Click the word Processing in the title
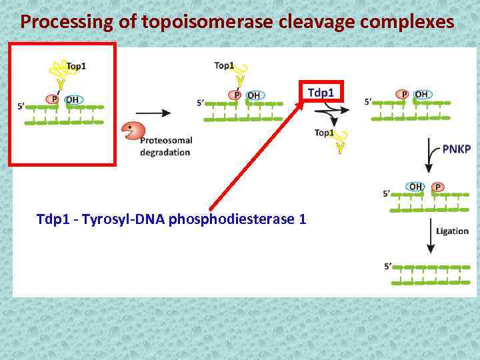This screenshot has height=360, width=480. tap(59, 21)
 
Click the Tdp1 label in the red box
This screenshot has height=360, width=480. tap(321, 92)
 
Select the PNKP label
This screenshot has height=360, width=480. tap(456, 149)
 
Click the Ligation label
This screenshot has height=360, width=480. tap(452, 231)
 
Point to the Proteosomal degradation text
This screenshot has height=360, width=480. tap(166, 146)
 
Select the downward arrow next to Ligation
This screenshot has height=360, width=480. tap(430, 237)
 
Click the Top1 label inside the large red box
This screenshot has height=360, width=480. tap(75, 66)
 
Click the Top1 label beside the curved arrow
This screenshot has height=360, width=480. tap(324, 133)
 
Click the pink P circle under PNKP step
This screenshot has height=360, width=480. tap(438, 187)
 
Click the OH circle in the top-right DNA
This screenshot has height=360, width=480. tap(421, 95)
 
